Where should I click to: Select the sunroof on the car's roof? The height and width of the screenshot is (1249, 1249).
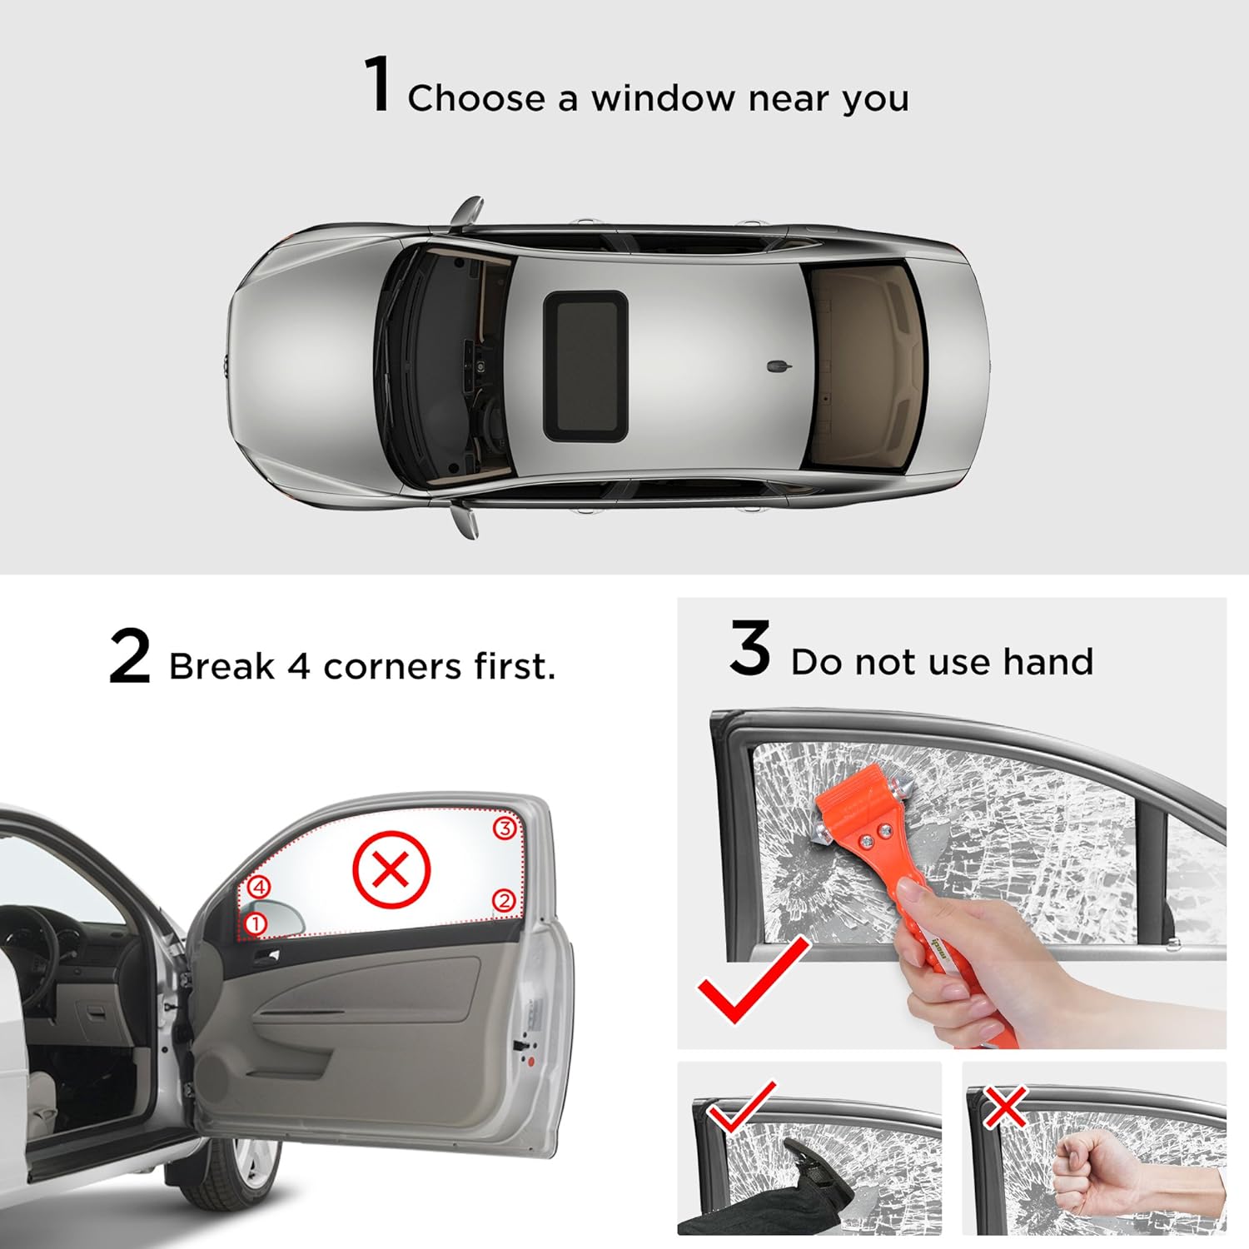[585, 366]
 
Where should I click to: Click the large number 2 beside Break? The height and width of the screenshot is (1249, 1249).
[130, 658]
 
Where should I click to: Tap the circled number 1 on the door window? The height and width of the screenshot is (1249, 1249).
[256, 923]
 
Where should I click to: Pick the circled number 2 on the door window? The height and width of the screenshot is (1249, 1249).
[503, 900]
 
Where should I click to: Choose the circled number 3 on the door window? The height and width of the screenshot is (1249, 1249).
[504, 829]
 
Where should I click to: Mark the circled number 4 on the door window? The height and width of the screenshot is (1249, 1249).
[260, 888]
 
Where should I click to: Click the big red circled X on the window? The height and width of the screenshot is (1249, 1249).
[391, 870]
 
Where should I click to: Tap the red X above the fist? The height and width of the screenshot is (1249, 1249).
[1005, 1107]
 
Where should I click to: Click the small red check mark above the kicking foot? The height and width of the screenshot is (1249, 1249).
[740, 1108]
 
